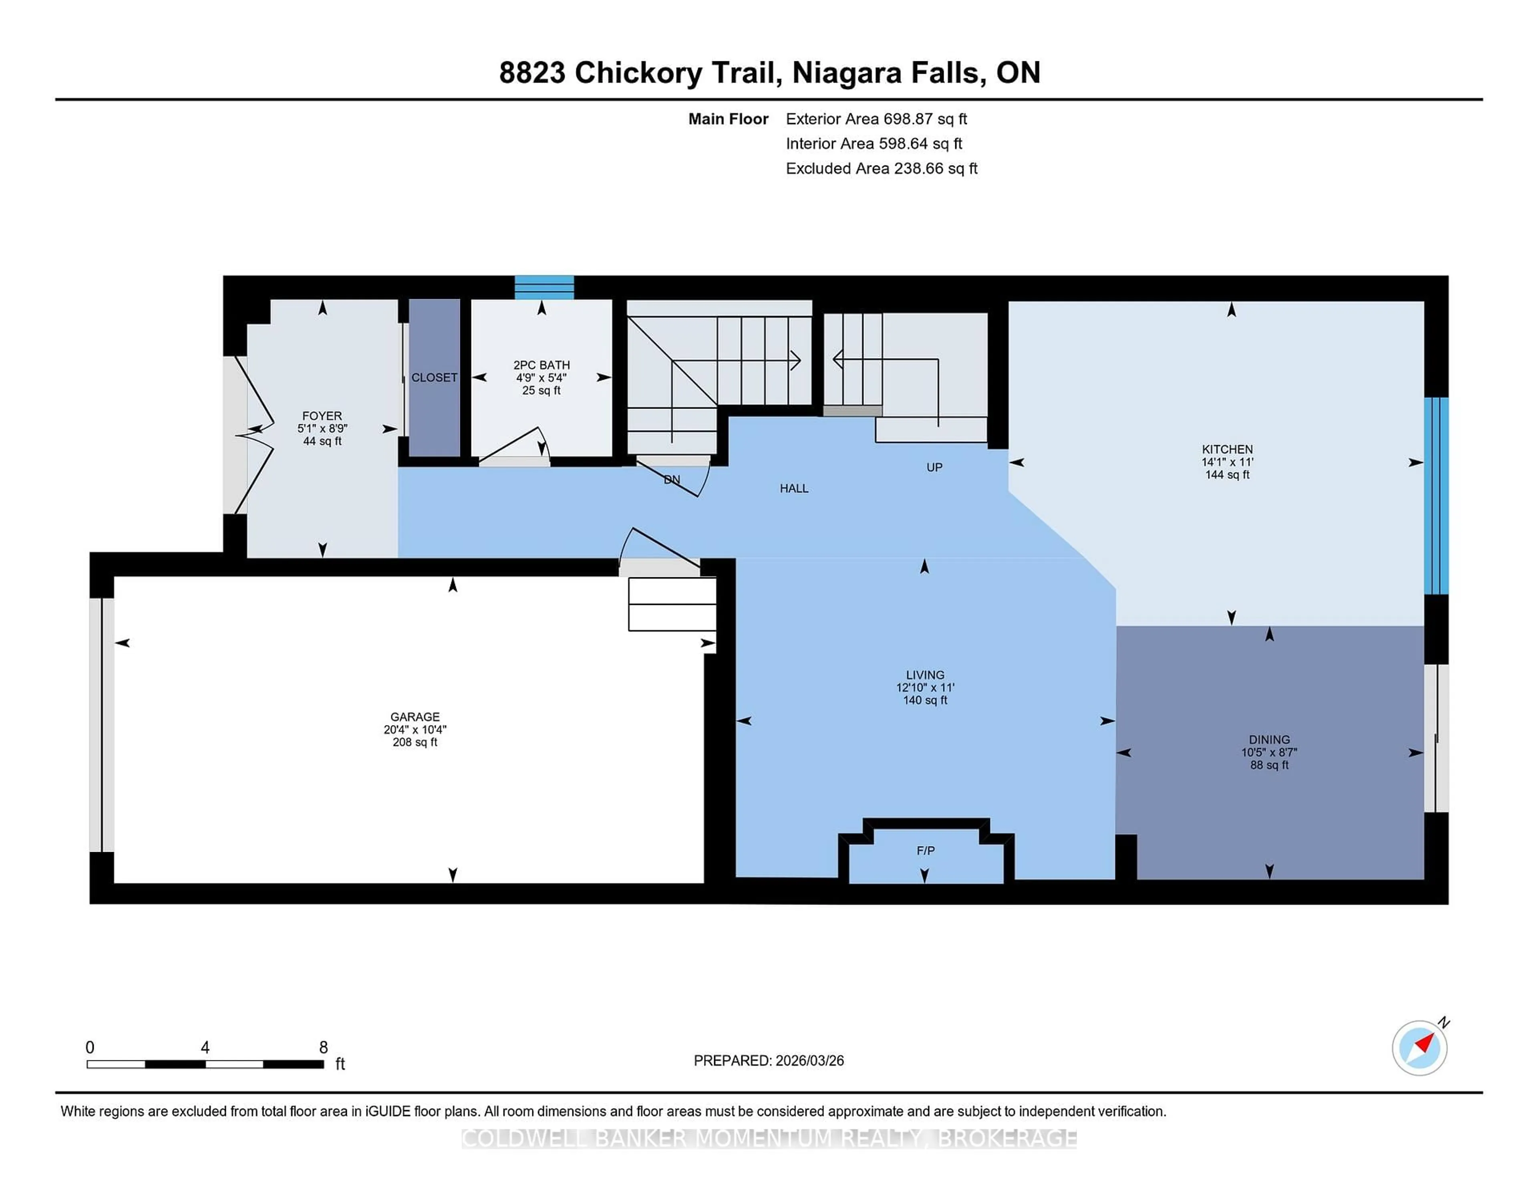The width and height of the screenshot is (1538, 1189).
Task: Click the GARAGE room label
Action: point(415,716)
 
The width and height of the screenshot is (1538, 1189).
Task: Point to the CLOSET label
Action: point(435,377)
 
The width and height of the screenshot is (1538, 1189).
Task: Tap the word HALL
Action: point(794,488)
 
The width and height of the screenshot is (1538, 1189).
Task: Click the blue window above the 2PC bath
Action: point(544,287)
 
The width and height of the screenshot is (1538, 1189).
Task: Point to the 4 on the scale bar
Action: point(205,1048)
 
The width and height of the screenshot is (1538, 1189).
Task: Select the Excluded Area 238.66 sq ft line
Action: point(881,168)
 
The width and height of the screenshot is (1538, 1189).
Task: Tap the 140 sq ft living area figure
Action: point(925,700)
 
